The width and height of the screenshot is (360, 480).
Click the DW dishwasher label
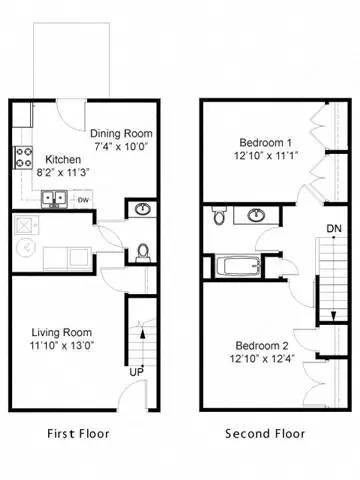tap(83, 199)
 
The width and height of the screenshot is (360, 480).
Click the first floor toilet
tap(141, 251)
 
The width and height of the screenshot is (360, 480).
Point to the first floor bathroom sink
tap(141, 210)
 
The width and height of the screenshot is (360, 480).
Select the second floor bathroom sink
tap(257, 215)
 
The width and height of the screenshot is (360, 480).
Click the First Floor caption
tap(79, 434)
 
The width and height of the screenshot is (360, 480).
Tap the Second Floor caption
tap(264, 434)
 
